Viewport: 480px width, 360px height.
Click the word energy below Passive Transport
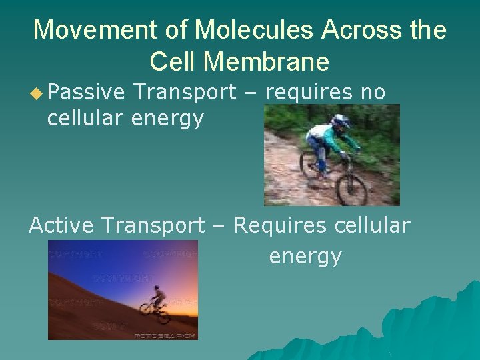pos(167,120)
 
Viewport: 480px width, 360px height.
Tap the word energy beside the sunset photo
pos(305,257)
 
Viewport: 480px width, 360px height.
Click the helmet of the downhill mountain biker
pos(341,122)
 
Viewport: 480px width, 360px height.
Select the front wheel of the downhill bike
pos(351,188)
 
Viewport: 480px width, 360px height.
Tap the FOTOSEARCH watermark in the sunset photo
pos(165,335)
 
